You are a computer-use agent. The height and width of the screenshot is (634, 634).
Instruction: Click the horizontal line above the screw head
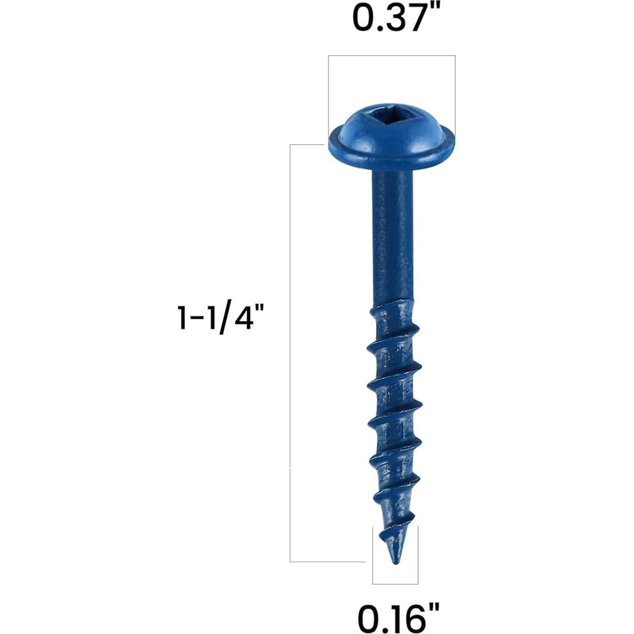coord(392,56)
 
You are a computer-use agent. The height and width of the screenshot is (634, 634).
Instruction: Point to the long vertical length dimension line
coord(290,351)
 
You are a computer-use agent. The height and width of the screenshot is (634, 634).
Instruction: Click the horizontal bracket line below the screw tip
coord(395,583)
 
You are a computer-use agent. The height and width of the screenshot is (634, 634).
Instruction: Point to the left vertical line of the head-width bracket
coord(328,93)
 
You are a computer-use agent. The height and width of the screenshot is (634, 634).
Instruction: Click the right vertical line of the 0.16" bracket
coord(417,555)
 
